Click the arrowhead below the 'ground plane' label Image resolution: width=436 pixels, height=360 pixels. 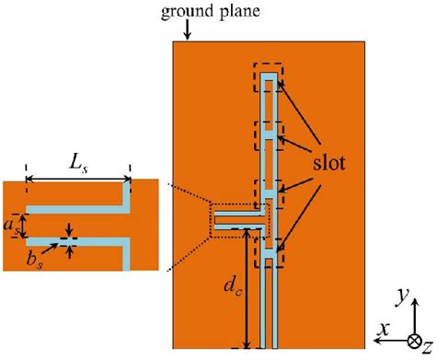(x=188, y=36)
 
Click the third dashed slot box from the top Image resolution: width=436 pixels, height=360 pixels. (x=268, y=192)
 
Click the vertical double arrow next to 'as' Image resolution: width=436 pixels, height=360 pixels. (x=25, y=224)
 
